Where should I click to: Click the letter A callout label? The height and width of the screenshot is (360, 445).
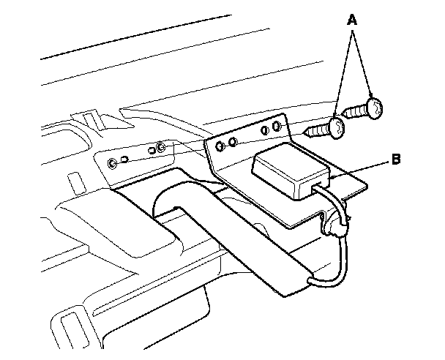[x=351, y=21]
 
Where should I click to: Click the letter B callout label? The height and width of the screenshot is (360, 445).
[x=395, y=159]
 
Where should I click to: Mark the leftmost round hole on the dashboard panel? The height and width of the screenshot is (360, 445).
[x=111, y=162]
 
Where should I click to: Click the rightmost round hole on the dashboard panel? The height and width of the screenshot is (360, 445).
[x=160, y=149]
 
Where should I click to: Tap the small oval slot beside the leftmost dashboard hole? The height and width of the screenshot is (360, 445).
[x=125, y=159]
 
